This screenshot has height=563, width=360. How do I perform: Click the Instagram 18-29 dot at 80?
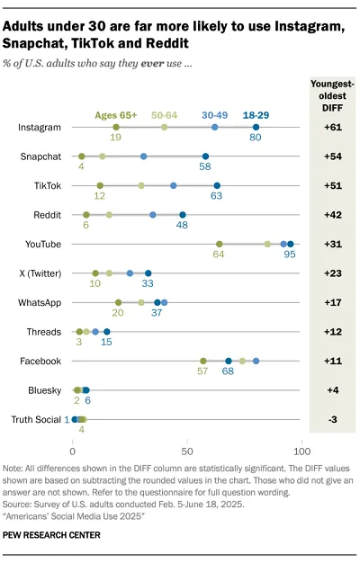coord(256,128)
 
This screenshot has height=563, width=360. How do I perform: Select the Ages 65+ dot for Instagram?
coord(115,128)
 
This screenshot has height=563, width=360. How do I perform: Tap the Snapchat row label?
coord(41,156)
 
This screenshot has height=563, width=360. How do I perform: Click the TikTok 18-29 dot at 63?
coord(216,186)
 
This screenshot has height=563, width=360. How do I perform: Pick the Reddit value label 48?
coord(182,227)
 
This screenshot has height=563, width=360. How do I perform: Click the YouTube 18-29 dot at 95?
coord(290,244)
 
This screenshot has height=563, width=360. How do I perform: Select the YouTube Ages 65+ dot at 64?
coord(219,244)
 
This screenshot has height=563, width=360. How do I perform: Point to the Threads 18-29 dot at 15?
coord(106,332)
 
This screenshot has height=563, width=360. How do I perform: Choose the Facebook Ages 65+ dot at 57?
coord(202,361)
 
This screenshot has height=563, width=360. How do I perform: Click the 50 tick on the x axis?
coord(187,450)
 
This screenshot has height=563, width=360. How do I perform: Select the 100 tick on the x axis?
coord(302,450)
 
